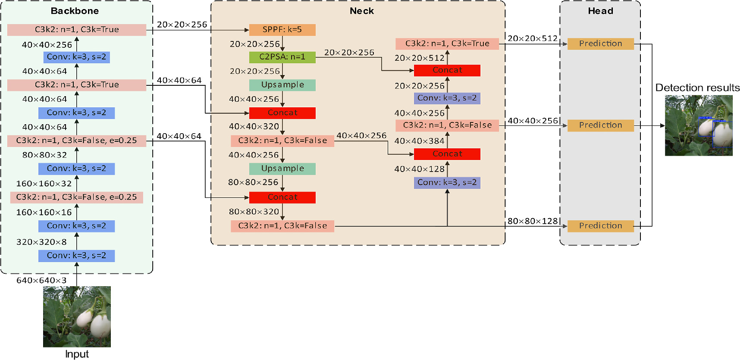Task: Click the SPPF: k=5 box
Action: pos(282,30)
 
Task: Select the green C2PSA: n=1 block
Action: pos(282,57)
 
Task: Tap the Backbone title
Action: pos(75,11)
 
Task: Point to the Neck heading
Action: pos(362,11)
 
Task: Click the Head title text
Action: pos(600,11)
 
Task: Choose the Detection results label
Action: pos(697,88)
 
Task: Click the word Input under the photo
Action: pos(77,354)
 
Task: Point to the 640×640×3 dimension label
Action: pos(41,281)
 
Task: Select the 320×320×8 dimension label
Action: pos(41,242)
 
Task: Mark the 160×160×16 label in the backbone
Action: pos(44,213)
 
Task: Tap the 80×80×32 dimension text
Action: pos(45,155)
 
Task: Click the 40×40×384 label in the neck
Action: pos(419,141)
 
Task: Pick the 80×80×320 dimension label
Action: pos(254,212)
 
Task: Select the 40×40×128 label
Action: pos(419,169)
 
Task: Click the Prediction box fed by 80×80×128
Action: pos(600,226)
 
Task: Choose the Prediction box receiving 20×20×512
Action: pos(600,44)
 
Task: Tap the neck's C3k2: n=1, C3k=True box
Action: pos(447,44)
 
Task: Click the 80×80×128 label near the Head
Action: pos(533,221)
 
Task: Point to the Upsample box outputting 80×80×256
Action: pos(282,169)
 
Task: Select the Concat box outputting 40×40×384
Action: pos(447,154)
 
